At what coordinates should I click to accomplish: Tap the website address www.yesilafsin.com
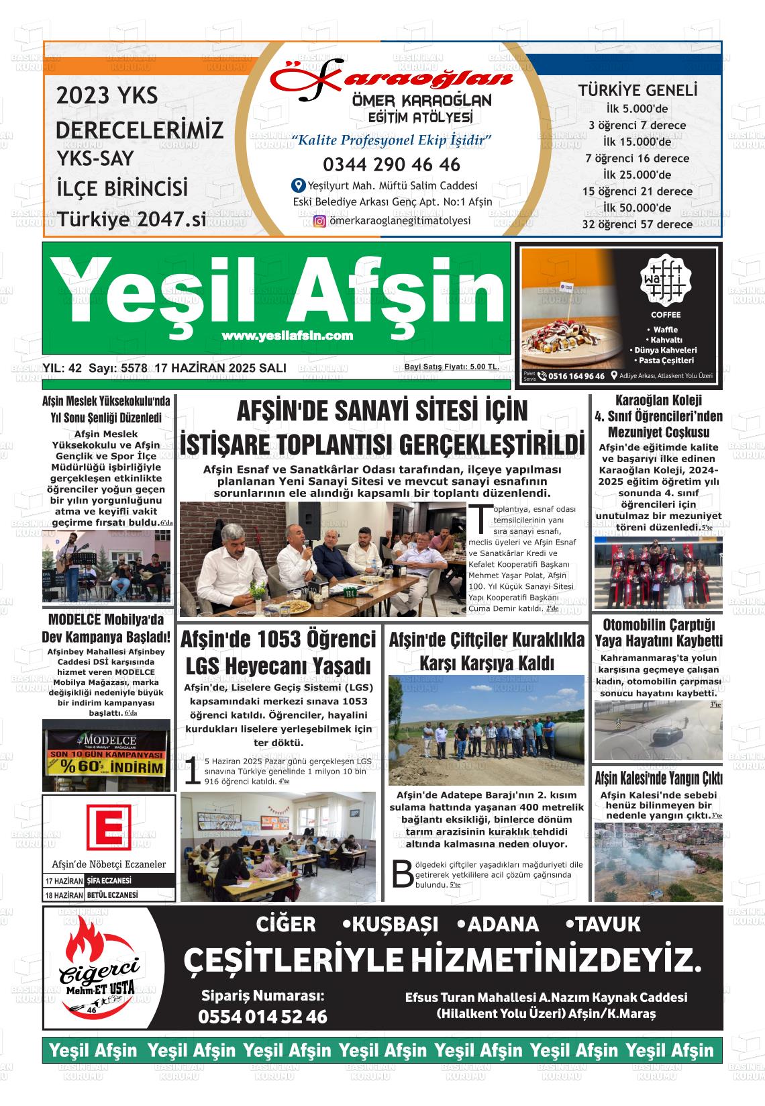pos(287,336)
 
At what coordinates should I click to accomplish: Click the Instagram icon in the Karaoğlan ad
pos(320,221)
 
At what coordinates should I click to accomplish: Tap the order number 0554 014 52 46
pos(262,1017)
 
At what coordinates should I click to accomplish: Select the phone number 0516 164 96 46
pos(576,376)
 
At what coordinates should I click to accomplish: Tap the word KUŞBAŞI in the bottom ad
pos(390,925)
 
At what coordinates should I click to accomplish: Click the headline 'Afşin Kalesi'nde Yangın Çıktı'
pos(658,779)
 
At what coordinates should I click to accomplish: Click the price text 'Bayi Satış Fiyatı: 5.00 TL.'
pos(451,367)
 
